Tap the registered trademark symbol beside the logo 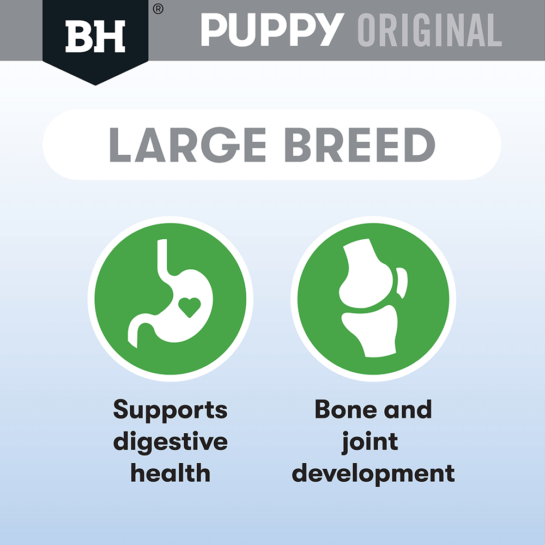tap(158, 9)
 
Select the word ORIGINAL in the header tap(429, 31)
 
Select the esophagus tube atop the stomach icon tap(162, 262)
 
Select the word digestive tap(170, 441)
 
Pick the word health tap(170, 473)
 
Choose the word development tap(373, 473)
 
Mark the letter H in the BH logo tap(111, 37)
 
